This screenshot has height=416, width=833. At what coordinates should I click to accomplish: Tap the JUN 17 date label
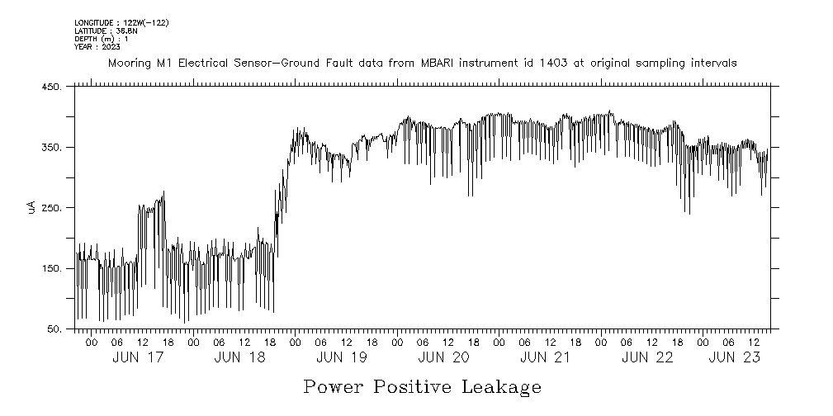point(138,357)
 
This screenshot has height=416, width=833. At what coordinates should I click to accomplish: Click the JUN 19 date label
point(342,357)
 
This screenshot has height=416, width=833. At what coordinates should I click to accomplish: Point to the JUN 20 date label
point(444,357)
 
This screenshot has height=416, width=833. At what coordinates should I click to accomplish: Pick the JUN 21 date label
point(546,357)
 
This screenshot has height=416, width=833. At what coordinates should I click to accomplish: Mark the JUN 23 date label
point(734,357)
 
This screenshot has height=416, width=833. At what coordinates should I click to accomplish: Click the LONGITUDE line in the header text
point(121,22)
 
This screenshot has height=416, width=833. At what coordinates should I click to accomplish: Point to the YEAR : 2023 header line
point(97,47)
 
